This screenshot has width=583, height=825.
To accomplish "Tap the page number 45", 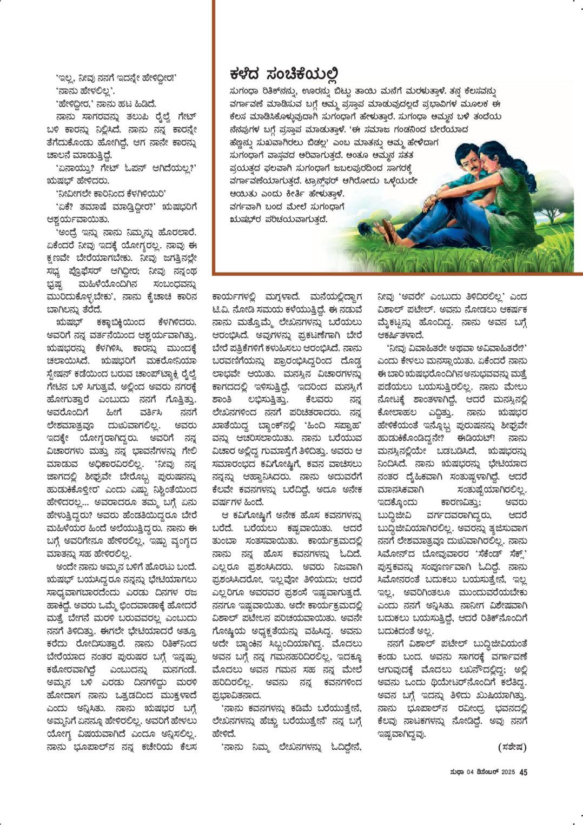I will coord(523,772).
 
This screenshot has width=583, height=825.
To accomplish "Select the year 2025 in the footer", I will coord(508,772).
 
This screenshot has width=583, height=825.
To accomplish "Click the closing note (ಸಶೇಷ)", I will coord(511,747).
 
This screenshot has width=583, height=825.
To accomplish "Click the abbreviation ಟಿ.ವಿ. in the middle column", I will coord(220,309).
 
